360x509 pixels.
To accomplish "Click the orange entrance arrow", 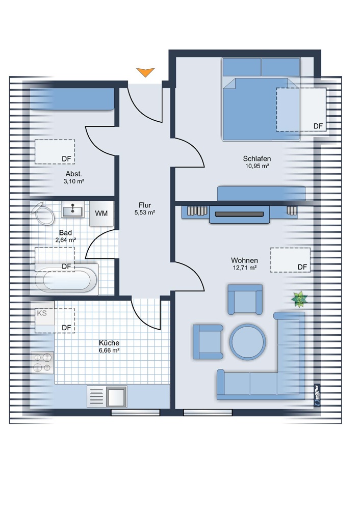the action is [x=145, y=72].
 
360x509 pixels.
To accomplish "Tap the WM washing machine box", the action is [x=101, y=213].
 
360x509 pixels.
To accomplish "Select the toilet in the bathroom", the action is [x=43, y=213].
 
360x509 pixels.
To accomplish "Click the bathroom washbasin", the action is [x=73, y=209].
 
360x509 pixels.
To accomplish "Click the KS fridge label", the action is [x=42, y=313].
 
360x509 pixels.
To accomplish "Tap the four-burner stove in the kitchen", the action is [x=42, y=363].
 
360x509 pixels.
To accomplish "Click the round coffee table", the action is [x=248, y=341].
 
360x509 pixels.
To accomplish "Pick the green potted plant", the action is [x=299, y=299].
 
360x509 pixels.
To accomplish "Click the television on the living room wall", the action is [x=239, y=214].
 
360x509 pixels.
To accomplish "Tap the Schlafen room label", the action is [x=256, y=159].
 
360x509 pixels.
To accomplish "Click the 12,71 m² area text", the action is [x=245, y=268].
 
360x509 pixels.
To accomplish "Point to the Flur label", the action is [x=145, y=205].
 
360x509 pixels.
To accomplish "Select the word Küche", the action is [x=109, y=343].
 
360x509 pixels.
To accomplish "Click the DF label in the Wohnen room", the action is [x=302, y=267].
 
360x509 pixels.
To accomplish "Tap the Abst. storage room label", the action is [x=74, y=174].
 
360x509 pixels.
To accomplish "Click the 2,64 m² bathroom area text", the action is [x=66, y=240].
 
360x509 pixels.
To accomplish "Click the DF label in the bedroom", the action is [x=318, y=126].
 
